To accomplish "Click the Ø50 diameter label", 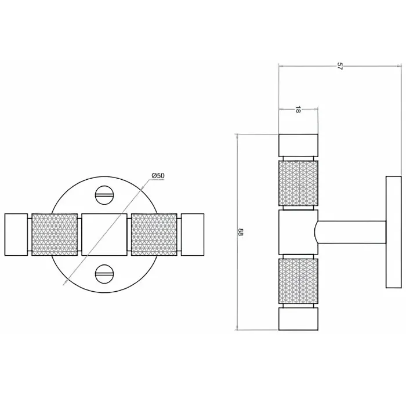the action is coord(158,176).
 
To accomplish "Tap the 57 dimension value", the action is coord(339,66).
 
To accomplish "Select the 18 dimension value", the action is coord(298,110).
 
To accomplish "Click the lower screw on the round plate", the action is coord(104,274).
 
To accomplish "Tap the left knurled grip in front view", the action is coord(55,234).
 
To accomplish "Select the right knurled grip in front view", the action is coord(154,234).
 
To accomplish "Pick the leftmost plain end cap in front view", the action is coord(16,234).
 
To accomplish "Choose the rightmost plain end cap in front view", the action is coord(193,234).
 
